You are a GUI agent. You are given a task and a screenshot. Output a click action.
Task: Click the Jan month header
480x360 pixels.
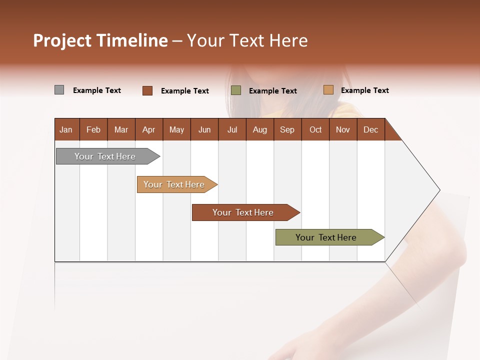click(x=66, y=129)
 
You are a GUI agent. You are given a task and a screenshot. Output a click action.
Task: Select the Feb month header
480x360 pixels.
click(x=93, y=129)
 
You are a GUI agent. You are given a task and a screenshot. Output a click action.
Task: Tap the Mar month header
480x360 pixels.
click(x=121, y=129)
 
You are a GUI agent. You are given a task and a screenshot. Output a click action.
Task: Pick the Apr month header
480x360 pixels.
click(x=149, y=129)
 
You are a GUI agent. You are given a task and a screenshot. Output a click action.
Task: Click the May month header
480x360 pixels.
click(x=176, y=129)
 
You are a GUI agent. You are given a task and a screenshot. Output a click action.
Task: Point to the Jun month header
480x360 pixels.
click(x=204, y=129)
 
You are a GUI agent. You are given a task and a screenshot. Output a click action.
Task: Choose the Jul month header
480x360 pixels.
click(x=232, y=129)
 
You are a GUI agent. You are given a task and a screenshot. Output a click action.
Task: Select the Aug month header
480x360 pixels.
click(x=260, y=129)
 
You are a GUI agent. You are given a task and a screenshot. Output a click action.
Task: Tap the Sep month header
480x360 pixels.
click(x=287, y=129)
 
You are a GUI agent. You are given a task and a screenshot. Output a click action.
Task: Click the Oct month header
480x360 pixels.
click(x=315, y=129)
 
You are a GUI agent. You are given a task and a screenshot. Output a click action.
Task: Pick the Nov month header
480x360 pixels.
click(x=343, y=129)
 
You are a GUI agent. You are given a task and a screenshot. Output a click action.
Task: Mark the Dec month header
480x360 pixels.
click(x=371, y=129)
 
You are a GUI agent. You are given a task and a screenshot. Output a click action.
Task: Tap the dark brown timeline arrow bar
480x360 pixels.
click(x=243, y=212)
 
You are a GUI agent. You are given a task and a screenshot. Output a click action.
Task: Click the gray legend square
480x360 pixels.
click(x=59, y=90)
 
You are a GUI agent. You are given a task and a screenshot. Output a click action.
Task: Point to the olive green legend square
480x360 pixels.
click(x=236, y=90)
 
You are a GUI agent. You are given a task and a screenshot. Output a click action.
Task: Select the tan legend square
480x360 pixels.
click(x=328, y=90)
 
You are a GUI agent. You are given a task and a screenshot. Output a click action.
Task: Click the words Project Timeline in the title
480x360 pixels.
click(x=100, y=40)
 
